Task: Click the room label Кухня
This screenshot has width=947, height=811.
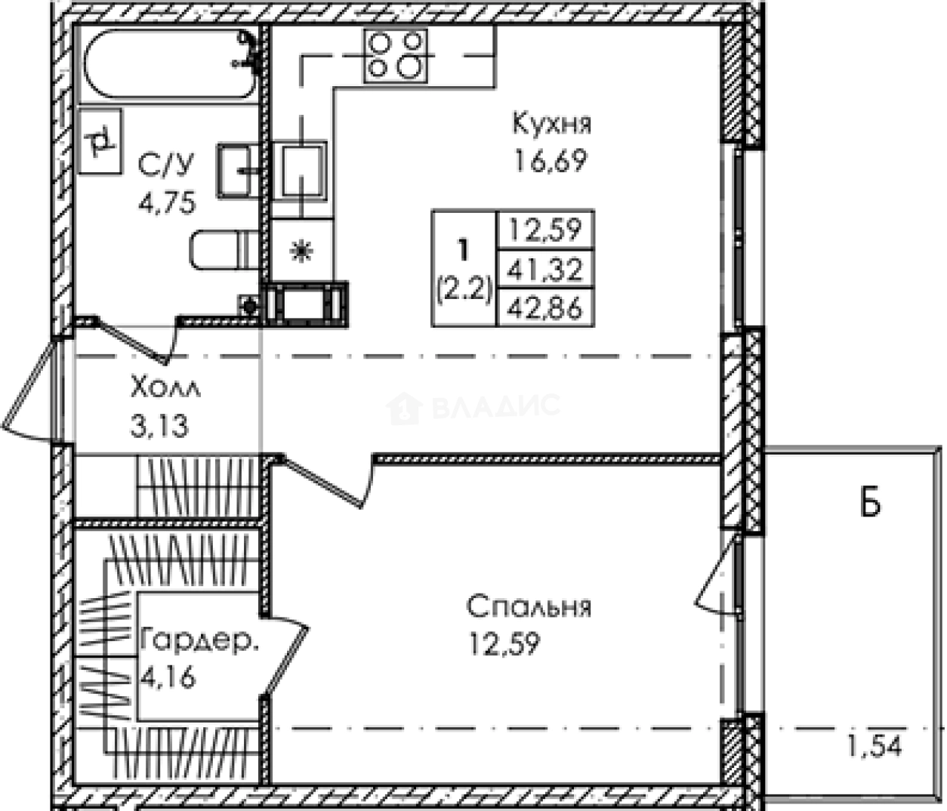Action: tap(551, 123)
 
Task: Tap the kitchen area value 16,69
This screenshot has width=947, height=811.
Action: tap(551, 161)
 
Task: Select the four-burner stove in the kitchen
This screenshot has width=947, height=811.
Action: tap(396, 56)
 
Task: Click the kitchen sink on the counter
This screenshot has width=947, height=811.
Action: tap(300, 171)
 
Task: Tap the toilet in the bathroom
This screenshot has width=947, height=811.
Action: tap(224, 250)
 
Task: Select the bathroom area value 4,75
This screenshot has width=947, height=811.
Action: tap(167, 202)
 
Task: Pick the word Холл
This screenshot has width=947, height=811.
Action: tap(165, 387)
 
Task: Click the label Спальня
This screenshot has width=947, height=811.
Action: tap(529, 606)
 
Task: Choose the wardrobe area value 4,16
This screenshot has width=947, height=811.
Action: tap(168, 677)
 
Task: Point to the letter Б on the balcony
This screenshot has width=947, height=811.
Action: tap(870, 504)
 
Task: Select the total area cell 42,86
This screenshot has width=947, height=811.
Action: tap(545, 307)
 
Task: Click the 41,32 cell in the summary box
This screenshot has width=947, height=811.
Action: tap(545, 270)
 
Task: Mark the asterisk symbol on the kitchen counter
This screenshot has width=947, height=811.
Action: tap(302, 251)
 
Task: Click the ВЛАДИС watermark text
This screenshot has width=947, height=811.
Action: tap(496, 406)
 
